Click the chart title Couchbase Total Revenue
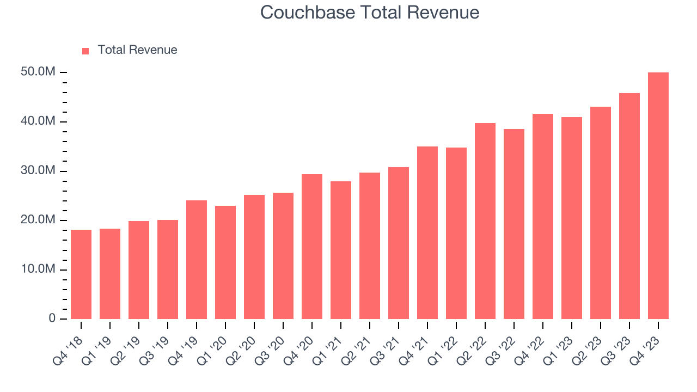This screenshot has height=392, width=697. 370,12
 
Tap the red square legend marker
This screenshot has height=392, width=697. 85,51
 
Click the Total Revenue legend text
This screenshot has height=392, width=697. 137,50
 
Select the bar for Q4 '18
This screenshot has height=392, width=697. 81,274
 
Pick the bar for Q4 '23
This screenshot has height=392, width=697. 658,196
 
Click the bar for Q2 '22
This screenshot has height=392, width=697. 485,221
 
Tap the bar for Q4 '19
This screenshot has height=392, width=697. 197,260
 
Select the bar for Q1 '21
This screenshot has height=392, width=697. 341,250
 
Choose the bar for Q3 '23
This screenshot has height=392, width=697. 629,206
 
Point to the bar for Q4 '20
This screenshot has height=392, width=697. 312,247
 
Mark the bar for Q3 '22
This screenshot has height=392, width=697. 514,224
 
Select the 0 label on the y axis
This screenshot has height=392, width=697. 52,318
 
